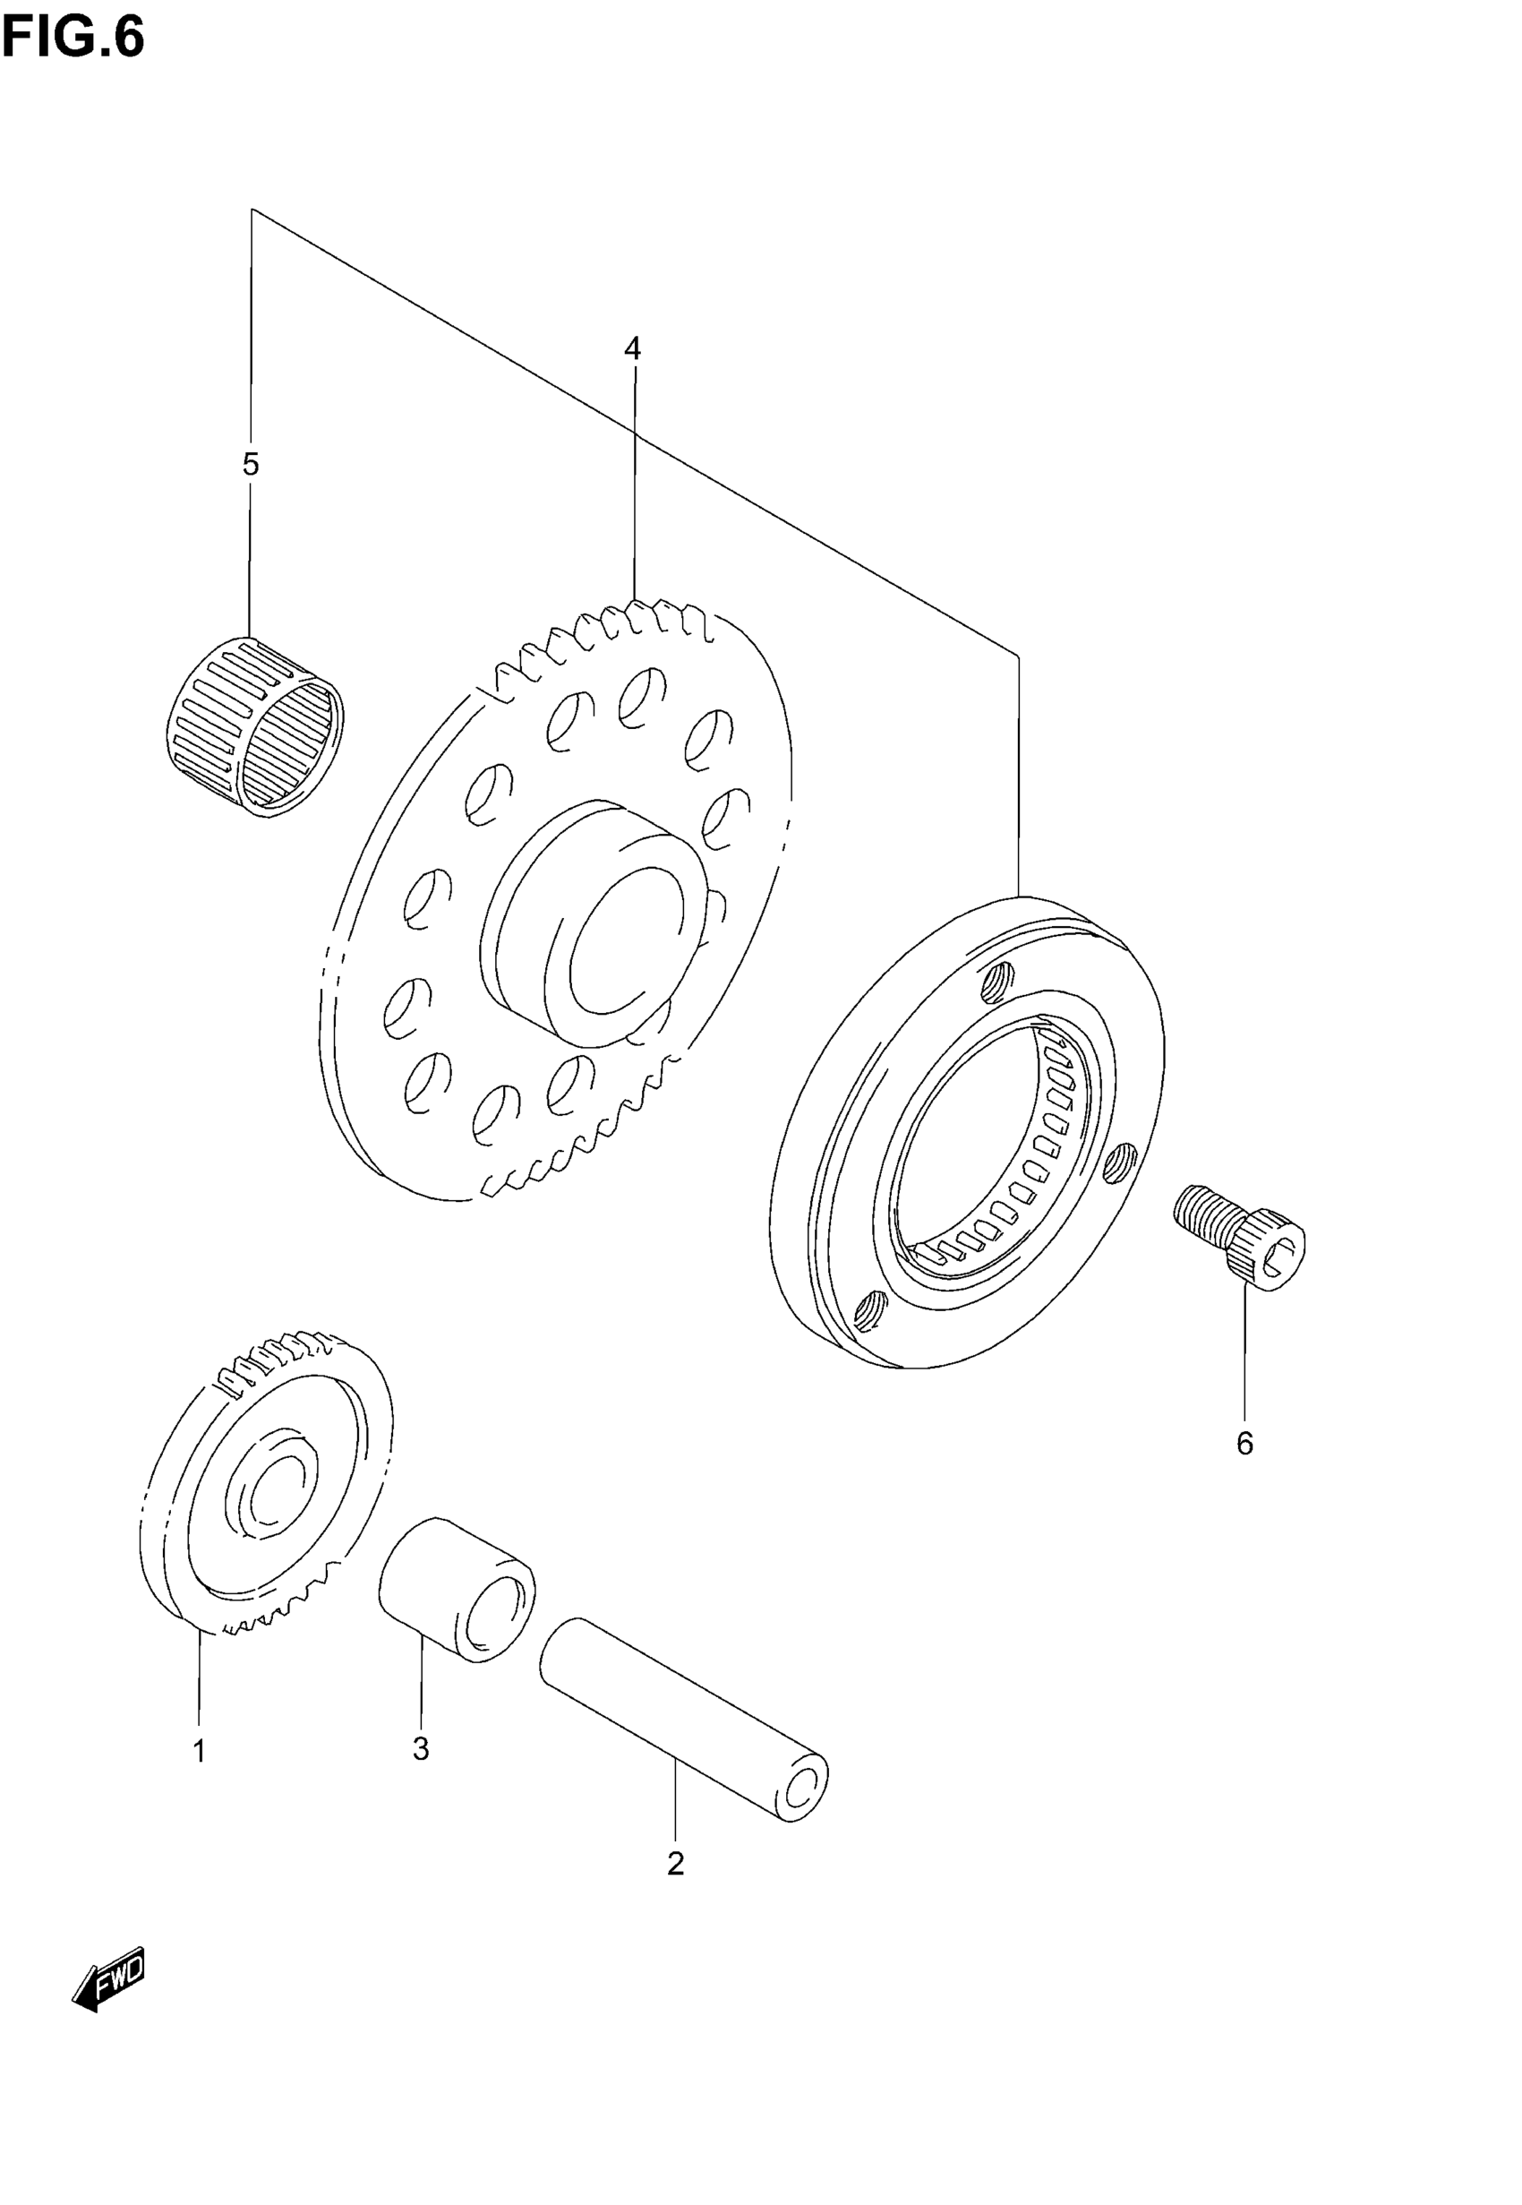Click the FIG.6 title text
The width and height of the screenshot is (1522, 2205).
tap(73, 39)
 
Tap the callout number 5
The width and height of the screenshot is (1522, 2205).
tap(251, 465)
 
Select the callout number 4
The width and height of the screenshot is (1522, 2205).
tap(632, 349)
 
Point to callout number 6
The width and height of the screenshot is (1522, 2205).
tap(1244, 1443)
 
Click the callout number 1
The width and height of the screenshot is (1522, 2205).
tap(200, 1751)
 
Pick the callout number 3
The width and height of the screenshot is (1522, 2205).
tap(421, 1748)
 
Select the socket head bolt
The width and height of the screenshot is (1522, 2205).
tap(1240, 1235)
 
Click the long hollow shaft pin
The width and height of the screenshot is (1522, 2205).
tap(682, 1717)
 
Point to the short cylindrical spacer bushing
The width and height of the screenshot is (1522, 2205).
tap(457, 1589)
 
